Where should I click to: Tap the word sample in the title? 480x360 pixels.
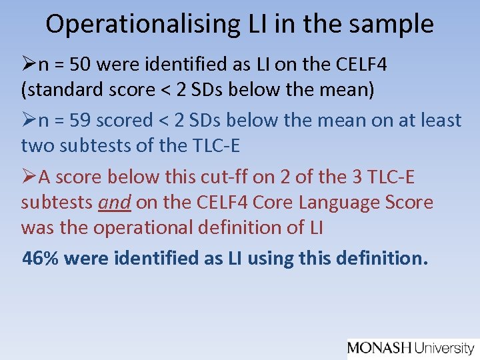pos(396,24)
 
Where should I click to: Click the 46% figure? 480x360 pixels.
pos(40,257)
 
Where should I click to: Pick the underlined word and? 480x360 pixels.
pos(115,202)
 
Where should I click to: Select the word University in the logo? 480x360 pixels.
pos(445,347)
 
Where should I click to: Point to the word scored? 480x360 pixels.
pos(125,120)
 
